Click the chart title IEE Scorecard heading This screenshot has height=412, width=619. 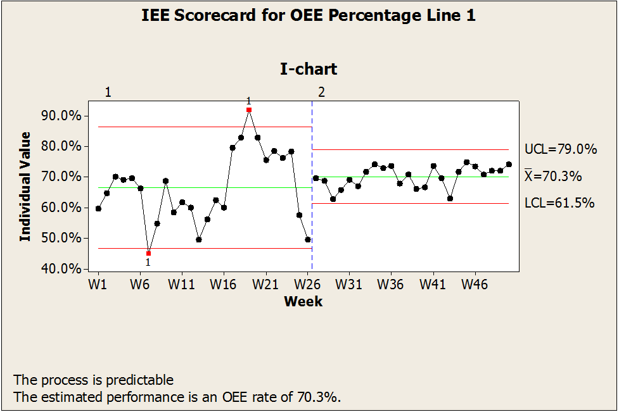coord(309,16)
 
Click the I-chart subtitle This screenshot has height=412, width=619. coord(309,69)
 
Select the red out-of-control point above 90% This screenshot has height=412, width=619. coord(249,109)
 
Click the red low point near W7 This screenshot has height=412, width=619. coord(149,253)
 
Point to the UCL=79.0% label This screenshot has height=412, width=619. coord(561,150)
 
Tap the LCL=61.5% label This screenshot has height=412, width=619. coord(559,203)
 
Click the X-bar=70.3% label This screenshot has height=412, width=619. coord(553,177)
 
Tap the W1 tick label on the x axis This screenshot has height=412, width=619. coord(97,284)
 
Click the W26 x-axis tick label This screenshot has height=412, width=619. coord(307,284)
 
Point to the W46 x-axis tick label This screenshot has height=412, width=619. coord(475,284)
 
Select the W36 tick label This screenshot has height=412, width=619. coord(391,284)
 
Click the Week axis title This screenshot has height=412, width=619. coord(303,301)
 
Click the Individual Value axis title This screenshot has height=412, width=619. coord(25,186)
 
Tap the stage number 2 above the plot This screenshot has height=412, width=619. coord(321,92)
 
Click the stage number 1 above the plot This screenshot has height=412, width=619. coord(108,92)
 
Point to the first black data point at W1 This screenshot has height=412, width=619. coord(98,208)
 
